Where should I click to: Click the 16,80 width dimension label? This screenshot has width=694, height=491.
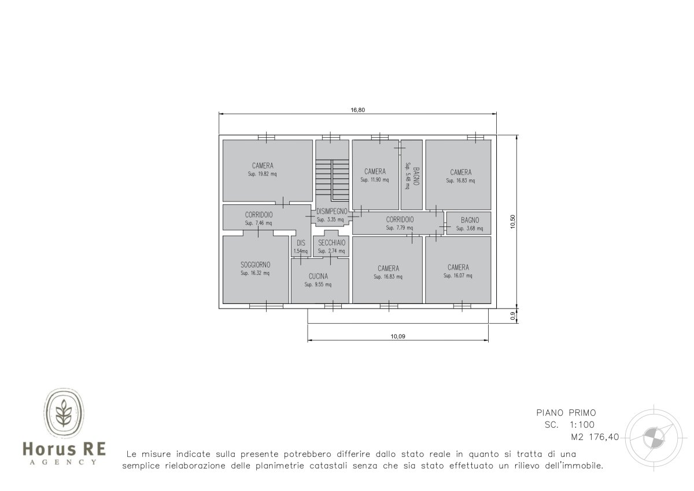pyautogui.click(x=357, y=110)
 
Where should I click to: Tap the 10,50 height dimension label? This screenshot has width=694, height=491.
pyautogui.click(x=512, y=222)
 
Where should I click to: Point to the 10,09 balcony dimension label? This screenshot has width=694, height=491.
pyautogui.click(x=398, y=336)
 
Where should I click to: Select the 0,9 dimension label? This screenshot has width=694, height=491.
pyautogui.click(x=512, y=316)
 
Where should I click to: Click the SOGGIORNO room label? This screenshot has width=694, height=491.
pyautogui.click(x=255, y=265)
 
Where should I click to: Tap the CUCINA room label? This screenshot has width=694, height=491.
pyautogui.click(x=318, y=276)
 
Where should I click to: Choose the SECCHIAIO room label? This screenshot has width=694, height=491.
pyautogui.click(x=331, y=243)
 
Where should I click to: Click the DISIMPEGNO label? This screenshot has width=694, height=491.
pyautogui.click(x=331, y=211)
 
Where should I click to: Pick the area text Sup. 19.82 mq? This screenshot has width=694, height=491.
pyautogui.click(x=262, y=174)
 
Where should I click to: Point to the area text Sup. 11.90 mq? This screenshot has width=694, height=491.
pyautogui.click(x=375, y=180)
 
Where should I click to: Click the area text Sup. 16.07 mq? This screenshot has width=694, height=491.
pyautogui.click(x=458, y=276)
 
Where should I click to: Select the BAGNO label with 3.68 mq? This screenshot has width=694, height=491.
pyautogui.click(x=470, y=220)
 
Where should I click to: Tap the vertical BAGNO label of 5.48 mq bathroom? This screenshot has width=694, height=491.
pyautogui.click(x=416, y=176)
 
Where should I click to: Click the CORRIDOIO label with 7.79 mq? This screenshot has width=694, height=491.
pyautogui.click(x=400, y=219)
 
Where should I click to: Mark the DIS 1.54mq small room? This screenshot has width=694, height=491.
pyautogui.click(x=301, y=246)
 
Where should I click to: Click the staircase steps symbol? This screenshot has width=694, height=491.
pyautogui.click(x=332, y=180)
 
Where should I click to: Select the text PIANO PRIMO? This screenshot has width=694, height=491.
pyautogui.click(x=566, y=413)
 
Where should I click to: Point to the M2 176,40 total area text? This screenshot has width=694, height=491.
pyautogui.click(x=595, y=437)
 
